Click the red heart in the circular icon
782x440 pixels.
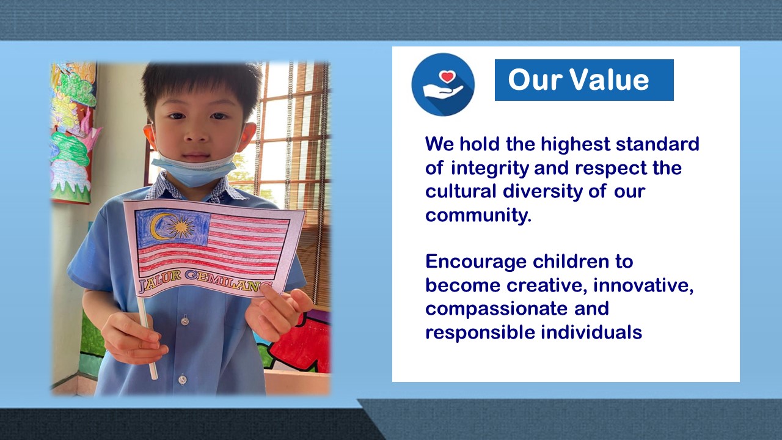(x=448, y=76)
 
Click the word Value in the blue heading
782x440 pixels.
(x=610, y=80)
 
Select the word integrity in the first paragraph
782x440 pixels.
(x=490, y=169)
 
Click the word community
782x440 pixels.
(x=478, y=216)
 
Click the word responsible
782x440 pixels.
(x=480, y=333)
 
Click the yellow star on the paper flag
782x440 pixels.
(x=181, y=227)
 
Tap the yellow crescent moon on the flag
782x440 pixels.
(x=158, y=227)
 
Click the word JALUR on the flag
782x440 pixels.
(x=160, y=280)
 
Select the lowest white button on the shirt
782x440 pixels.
(x=182, y=379)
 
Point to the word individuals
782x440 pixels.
(x=591, y=333)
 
